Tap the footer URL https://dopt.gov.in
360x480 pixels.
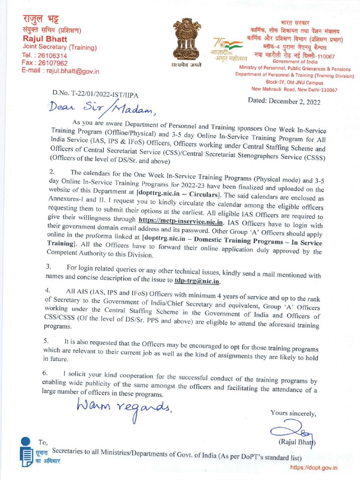coord(314,467)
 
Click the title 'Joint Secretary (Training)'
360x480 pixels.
coord(60,47)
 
